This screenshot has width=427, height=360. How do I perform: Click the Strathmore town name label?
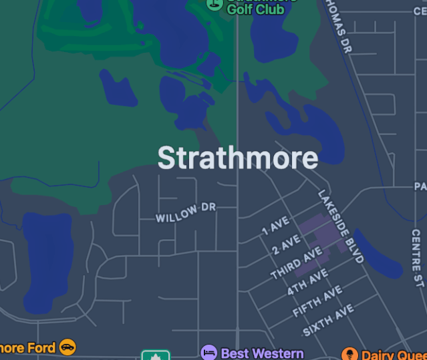pos(237,158)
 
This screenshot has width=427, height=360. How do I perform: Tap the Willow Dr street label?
pos(186,213)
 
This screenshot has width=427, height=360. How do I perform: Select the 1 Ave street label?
pos(275,226)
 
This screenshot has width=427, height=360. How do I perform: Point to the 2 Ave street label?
pos(287,244)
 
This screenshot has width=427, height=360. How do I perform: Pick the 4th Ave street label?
pos(307,282)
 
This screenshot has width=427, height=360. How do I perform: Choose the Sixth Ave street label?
pos(328,321)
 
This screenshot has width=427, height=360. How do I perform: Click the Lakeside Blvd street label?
pos(341,226)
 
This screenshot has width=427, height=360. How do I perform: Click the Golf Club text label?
pos(255,9)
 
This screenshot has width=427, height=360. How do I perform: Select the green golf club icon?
pos(214,3)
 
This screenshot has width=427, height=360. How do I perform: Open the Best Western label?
pos(262,353)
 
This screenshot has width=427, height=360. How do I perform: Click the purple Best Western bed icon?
pos(209,352)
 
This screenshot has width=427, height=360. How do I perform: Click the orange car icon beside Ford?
pos(67,347)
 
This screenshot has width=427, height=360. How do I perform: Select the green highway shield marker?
pos(155,355)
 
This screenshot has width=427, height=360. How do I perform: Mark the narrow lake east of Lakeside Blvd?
pos(378,254)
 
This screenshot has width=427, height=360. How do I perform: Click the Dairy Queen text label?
pos(394,355)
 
